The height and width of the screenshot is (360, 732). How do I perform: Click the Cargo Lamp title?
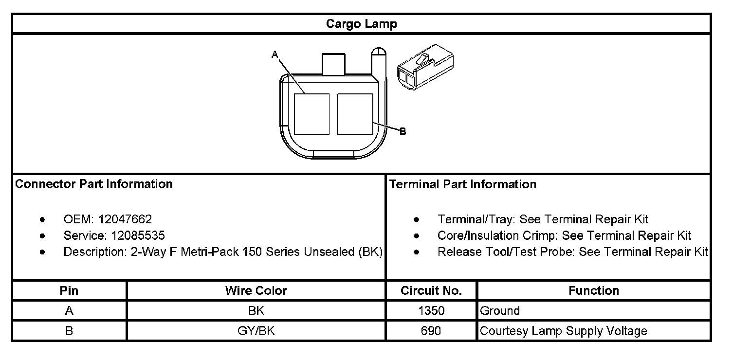(x=361, y=24)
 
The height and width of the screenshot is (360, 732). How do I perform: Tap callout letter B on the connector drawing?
(x=403, y=131)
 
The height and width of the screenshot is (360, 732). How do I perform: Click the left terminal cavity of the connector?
(x=311, y=114)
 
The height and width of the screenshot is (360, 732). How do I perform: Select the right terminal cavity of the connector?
(x=355, y=114)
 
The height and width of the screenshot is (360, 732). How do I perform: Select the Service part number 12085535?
(x=138, y=235)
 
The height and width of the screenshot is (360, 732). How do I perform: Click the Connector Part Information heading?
(x=94, y=184)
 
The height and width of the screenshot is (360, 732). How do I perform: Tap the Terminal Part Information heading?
(x=463, y=184)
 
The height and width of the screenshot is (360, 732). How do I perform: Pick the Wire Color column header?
(x=256, y=291)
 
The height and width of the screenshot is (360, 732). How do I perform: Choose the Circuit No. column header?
(x=431, y=291)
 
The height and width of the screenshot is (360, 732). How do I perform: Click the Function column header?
(x=594, y=291)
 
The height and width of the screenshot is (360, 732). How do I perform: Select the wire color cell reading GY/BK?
(x=256, y=331)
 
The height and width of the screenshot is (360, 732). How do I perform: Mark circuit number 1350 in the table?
(x=431, y=311)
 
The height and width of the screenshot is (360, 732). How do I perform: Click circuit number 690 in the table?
(x=431, y=331)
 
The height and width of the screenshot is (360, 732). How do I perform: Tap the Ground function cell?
(x=500, y=311)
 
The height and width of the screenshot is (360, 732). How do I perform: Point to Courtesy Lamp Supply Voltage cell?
(x=564, y=331)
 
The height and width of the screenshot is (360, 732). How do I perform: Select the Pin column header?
(x=69, y=291)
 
